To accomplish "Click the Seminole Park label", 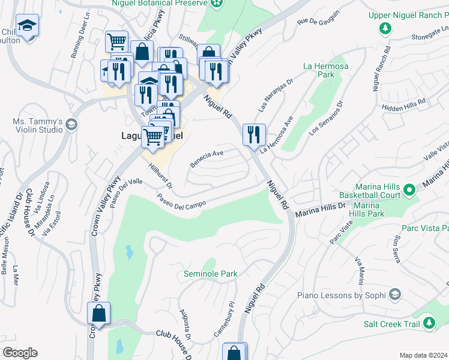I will click(210, 274).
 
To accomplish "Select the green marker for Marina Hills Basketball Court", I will click(410, 190).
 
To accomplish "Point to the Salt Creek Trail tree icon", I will click(429, 324).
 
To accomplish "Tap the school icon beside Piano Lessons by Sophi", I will click(395, 295).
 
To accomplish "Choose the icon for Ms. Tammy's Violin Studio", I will click(71, 125).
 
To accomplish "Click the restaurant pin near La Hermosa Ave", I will click(254, 133).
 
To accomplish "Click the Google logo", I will click(20, 353).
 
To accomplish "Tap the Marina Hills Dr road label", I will click(321, 207).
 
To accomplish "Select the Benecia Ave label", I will click(206, 158).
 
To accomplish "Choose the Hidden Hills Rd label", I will click(403, 104).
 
